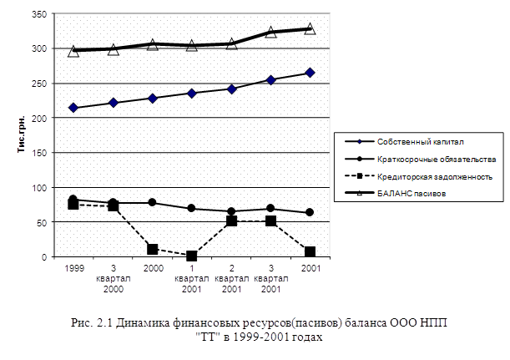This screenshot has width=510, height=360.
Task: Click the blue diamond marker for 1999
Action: [x=74, y=108]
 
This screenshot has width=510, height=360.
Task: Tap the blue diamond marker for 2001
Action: [x=310, y=73]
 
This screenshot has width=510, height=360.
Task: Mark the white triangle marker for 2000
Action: [x=153, y=44]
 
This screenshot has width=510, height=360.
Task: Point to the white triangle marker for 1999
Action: [x=74, y=51]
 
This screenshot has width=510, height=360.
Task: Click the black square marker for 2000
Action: [x=153, y=249]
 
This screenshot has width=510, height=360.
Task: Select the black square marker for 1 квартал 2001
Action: [x=192, y=256]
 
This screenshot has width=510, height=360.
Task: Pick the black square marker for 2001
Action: [x=310, y=252]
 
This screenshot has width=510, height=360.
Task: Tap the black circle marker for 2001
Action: [x=310, y=213]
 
